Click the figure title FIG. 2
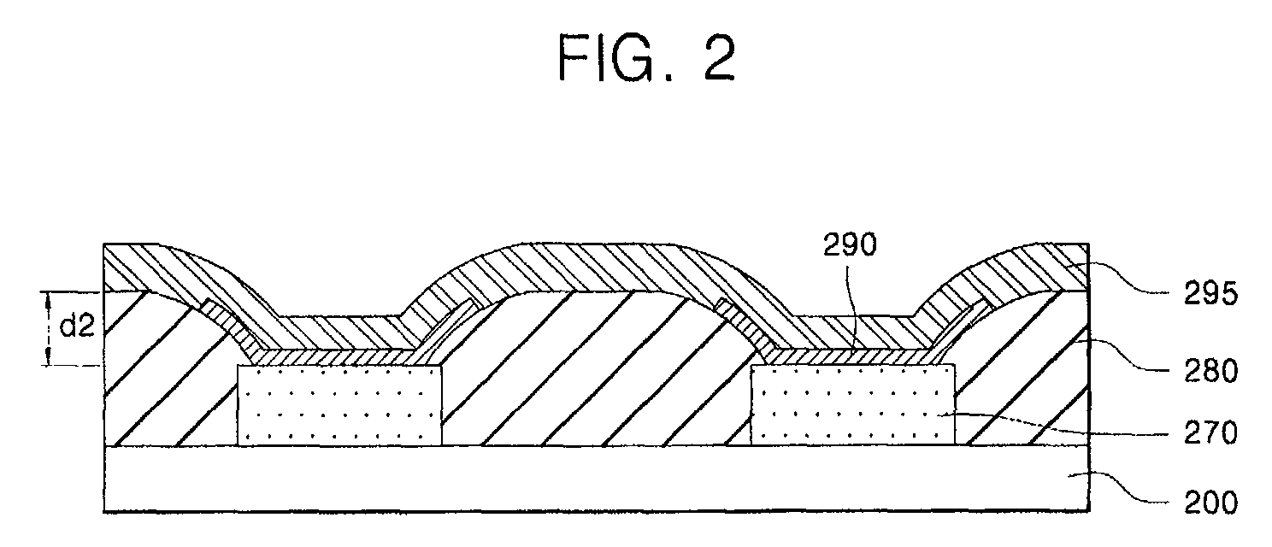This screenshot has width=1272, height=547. click(x=646, y=59)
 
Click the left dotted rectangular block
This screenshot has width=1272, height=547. click(x=339, y=405)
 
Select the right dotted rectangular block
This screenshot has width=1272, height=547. click(x=852, y=405)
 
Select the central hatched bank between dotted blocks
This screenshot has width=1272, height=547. click(x=590, y=368)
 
